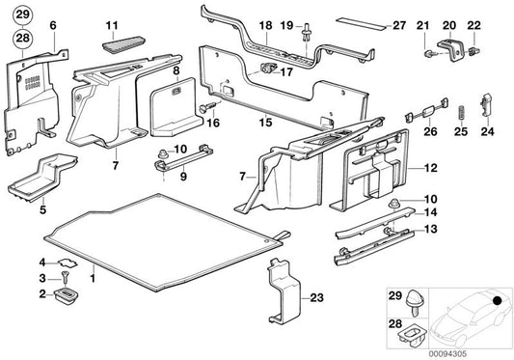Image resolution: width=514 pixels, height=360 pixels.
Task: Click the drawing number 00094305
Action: (447, 354)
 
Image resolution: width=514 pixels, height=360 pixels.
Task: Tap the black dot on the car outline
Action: (498, 300)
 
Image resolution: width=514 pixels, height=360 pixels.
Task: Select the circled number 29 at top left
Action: (22, 14)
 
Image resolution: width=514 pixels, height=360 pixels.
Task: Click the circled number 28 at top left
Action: (22, 38)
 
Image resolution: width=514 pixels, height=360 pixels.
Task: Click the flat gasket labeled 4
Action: (68, 263)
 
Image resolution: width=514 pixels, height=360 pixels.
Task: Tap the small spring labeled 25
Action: (461, 113)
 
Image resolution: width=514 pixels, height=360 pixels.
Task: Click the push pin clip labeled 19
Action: (307, 32)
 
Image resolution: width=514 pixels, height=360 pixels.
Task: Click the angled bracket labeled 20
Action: (452, 50)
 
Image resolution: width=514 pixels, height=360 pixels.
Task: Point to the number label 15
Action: (265, 122)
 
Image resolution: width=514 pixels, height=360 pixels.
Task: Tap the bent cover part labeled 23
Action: (284, 291)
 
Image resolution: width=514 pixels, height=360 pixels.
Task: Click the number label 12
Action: (431, 168)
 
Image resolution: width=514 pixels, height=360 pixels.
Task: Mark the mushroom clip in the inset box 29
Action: (416, 303)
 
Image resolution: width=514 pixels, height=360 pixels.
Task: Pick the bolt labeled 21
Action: (429, 53)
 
